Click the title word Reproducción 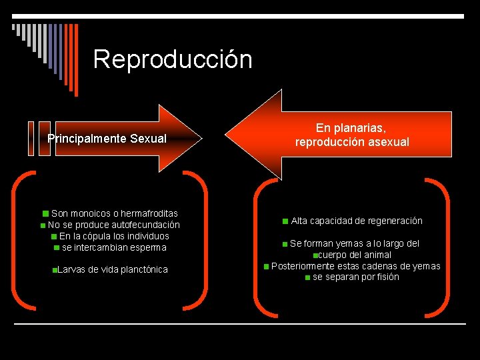point(173,59)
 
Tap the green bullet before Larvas point(54,270)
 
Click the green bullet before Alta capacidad point(285,221)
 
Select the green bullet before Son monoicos point(45,214)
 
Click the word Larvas point(71,269)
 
